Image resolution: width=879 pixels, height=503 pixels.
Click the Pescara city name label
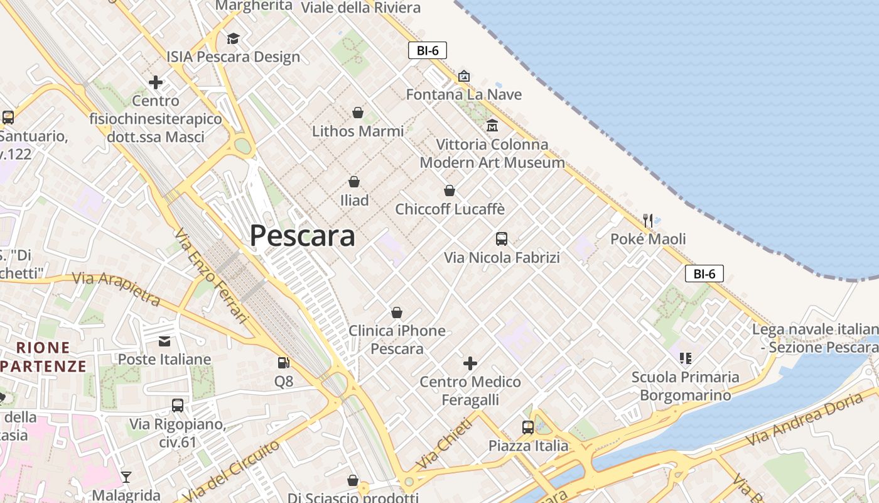[x=302, y=236]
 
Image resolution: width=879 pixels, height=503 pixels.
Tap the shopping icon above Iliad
[x=354, y=182]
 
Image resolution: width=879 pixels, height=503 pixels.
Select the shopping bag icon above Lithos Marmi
[x=357, y=113]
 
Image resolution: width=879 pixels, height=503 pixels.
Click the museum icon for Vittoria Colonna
[x=492, y=126]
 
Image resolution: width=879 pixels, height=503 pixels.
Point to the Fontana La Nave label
[x=463, y=95]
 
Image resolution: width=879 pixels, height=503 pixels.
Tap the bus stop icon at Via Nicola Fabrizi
[x=501, y=239]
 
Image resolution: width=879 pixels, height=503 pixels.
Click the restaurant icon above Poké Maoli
[x=648, y=221]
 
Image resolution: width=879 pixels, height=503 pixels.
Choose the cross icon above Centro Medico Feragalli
[x=470, y=363]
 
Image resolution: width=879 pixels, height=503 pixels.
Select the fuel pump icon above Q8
[x=284, y=363]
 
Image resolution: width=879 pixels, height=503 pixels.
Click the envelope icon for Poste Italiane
[x=164, y=341]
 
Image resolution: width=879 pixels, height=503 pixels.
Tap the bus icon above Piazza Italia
[x=528, y=428]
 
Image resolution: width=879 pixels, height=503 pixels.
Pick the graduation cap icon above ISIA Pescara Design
[x=233, y=39]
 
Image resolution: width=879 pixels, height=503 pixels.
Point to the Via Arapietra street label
[x=116, y=287]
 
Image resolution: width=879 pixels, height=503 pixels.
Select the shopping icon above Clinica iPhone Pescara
[x=397, y=312]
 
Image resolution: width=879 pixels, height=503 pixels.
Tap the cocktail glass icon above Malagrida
[x=126, y=477]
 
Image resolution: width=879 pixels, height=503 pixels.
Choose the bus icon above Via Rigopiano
[x=178, y=406]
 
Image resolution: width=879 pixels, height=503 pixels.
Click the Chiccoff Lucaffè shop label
[x=450, y=209]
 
